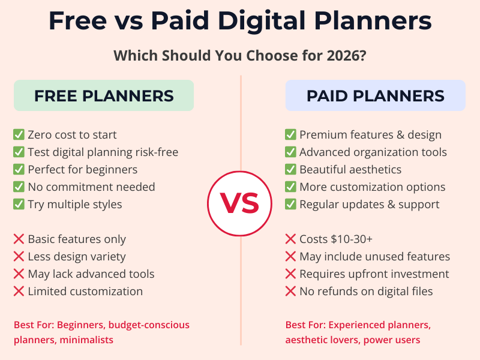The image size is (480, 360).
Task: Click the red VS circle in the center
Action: pos(240,203)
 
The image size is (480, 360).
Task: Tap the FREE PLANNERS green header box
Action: pos(104,95)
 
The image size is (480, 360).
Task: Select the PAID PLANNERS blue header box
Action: pos(375,95)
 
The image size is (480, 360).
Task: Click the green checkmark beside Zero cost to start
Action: pos(19,135)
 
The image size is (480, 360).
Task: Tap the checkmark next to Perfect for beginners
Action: pos(19,170)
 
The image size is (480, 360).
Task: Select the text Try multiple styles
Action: pos(75,205)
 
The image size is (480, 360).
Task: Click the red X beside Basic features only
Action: pos(19,239)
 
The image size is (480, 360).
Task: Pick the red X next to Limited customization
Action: pos(19,292)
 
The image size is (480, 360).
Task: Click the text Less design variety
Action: pos(77,257)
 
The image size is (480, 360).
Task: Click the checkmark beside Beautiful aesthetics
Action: pos(290,170)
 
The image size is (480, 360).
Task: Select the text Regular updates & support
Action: pos(370,205)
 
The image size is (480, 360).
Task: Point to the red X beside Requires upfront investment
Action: pos(290,274)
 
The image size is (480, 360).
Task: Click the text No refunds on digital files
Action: pos(366,292)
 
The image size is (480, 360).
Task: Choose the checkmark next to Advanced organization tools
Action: pos(290,152)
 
